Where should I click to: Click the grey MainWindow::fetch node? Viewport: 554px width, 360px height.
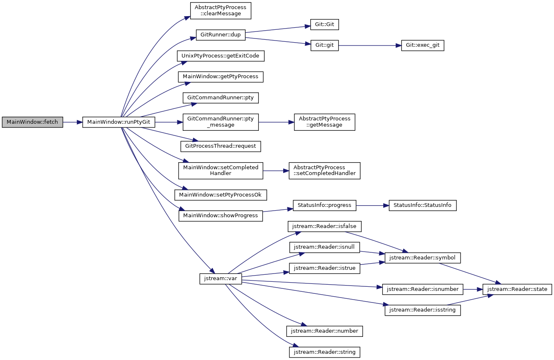point(32,122)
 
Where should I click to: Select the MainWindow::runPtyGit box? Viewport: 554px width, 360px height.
point(119,122)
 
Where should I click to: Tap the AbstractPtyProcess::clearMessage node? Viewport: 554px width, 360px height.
point(221,11)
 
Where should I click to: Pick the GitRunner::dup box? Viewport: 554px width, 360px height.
point(221,35)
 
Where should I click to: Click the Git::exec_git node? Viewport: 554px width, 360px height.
point(423,46)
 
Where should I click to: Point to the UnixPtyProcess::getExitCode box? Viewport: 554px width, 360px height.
point(221,56)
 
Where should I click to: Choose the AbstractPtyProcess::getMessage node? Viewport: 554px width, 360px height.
point(325,122)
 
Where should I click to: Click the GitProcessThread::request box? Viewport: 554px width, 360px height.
point(221,146)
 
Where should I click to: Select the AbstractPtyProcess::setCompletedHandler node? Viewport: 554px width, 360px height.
point(325,170)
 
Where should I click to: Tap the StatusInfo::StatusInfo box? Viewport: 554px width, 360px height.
point(423,206)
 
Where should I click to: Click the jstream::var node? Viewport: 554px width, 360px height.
point(221,279)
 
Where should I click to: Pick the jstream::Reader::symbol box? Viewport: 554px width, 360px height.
point(423,258)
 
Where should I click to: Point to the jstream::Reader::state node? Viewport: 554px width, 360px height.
point(517,289)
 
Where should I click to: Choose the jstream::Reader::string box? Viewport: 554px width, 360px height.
point(325,352)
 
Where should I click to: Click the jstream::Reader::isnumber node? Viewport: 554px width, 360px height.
point(423,289)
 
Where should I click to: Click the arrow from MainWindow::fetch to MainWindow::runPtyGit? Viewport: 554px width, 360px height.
point(73,122)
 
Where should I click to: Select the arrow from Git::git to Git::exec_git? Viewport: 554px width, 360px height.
point(370,46)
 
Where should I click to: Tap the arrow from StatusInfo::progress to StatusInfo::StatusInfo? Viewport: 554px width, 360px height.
point(373,206)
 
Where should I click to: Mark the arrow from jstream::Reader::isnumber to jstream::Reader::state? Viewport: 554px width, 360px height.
point(473,289)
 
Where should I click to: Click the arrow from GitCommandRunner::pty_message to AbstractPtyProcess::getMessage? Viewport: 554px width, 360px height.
point(276,122)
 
